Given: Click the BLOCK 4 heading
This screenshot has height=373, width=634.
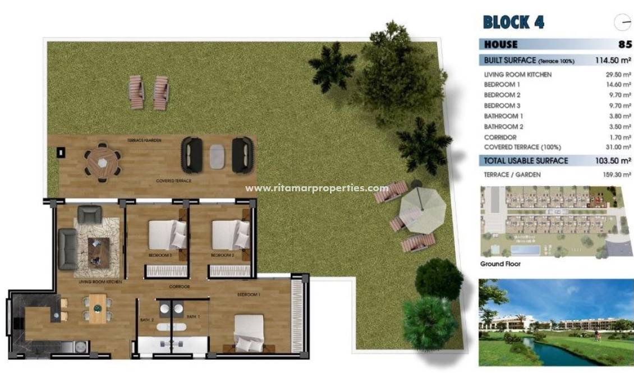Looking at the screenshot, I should point(513,22).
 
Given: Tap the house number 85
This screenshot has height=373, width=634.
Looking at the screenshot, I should point(624,44).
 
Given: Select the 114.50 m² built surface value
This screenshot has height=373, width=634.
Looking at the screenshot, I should point(613,60).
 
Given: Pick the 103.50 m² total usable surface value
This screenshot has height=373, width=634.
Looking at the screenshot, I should point(613,161).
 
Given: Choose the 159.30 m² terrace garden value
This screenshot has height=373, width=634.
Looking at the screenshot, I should point(615,175).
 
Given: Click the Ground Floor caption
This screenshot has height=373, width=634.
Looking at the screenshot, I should point(500,264).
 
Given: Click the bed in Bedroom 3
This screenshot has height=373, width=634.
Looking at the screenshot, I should point(167,234).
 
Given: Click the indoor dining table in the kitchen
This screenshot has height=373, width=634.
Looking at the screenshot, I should point(98,308).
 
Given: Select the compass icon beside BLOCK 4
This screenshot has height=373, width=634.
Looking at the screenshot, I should point(622,22).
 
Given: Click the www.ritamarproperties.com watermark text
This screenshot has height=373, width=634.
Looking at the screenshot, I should point(317,188).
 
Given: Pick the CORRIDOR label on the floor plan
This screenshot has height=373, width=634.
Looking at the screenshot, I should point(180,287).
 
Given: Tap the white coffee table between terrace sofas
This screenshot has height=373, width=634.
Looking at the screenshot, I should point(217,155).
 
